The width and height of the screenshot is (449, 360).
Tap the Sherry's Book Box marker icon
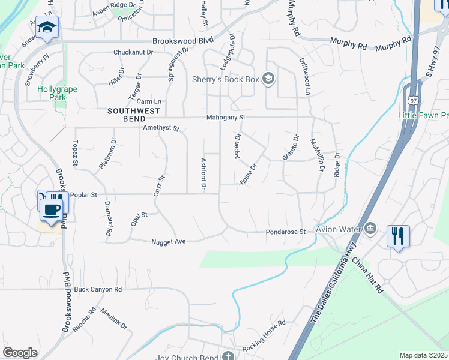point(268,79)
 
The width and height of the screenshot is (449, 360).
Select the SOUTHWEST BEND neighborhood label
point(134,111)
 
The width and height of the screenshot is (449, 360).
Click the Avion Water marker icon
point(370,228)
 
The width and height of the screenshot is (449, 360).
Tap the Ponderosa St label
point(286,232)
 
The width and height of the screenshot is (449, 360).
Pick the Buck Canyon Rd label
point(98,289)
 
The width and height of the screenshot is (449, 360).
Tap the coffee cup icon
point(51,210)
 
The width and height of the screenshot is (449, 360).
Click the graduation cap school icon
point(46,28)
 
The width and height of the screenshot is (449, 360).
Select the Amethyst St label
point(161,128)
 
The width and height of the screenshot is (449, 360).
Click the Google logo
point(20,353)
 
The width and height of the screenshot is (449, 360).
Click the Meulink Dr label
point(114,319)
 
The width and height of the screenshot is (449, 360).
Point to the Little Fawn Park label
point(423,115)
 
